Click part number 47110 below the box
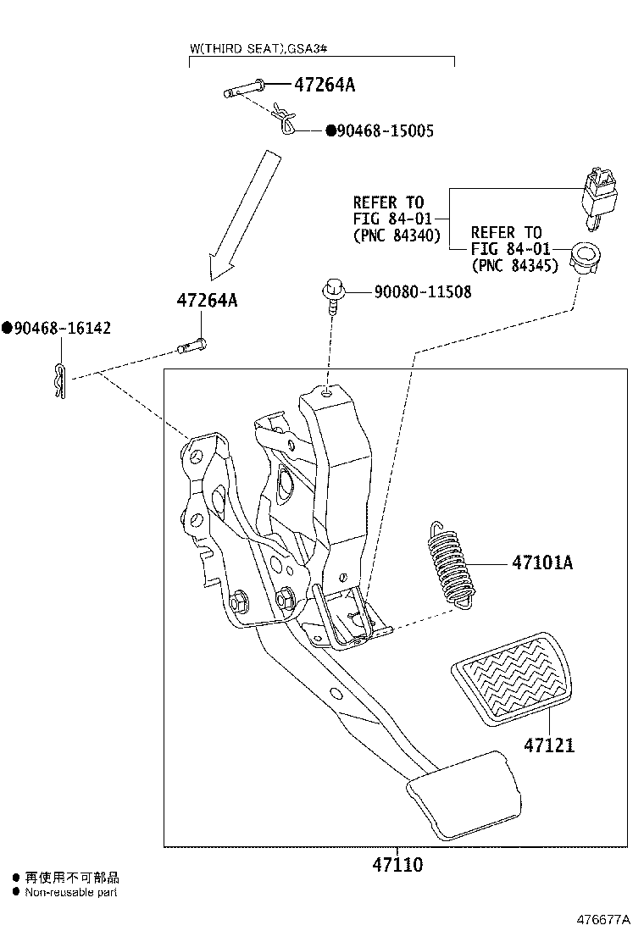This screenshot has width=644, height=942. click(x=397, y=865)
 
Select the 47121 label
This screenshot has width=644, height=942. click(x=548, y=745)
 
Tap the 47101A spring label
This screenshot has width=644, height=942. click(x=541, y=562)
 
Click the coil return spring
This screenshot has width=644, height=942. click(x=450, y=562)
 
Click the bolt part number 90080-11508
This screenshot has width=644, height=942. click(x=422, y=292)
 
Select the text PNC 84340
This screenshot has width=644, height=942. click(x=397, y=236)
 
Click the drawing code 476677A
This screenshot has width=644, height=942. click(x=604, y=919)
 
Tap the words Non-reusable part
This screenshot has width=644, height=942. click(x=70, y=892)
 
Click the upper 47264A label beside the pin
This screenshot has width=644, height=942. click(x=325, y=85)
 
